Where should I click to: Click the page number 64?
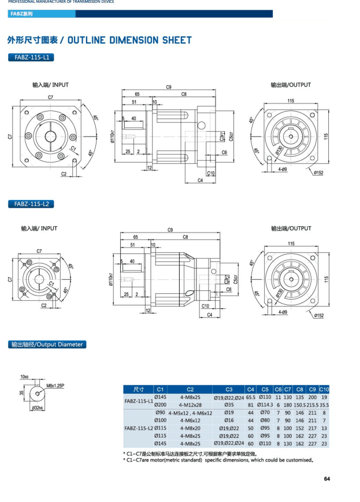[x=326, y=478]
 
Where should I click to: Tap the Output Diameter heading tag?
[x=47, y=344]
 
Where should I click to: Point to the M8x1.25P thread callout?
[x=55, y=385]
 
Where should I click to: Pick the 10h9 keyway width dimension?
[x=24, y=377]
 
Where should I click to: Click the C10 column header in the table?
[x=324, y=389]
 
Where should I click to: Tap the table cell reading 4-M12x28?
[x=190, y=405]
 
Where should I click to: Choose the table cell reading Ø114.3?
[x=265, y=405]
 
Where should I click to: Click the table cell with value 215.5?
[x=313, y=405]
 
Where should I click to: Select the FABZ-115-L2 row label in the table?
[x=138, y=428]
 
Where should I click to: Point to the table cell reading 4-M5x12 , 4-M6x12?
[x=190, y=413]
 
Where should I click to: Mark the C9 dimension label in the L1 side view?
[x=169, y=87]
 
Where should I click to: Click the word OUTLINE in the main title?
[x=94, y=40]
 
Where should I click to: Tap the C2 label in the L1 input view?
[x=64, y=174]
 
